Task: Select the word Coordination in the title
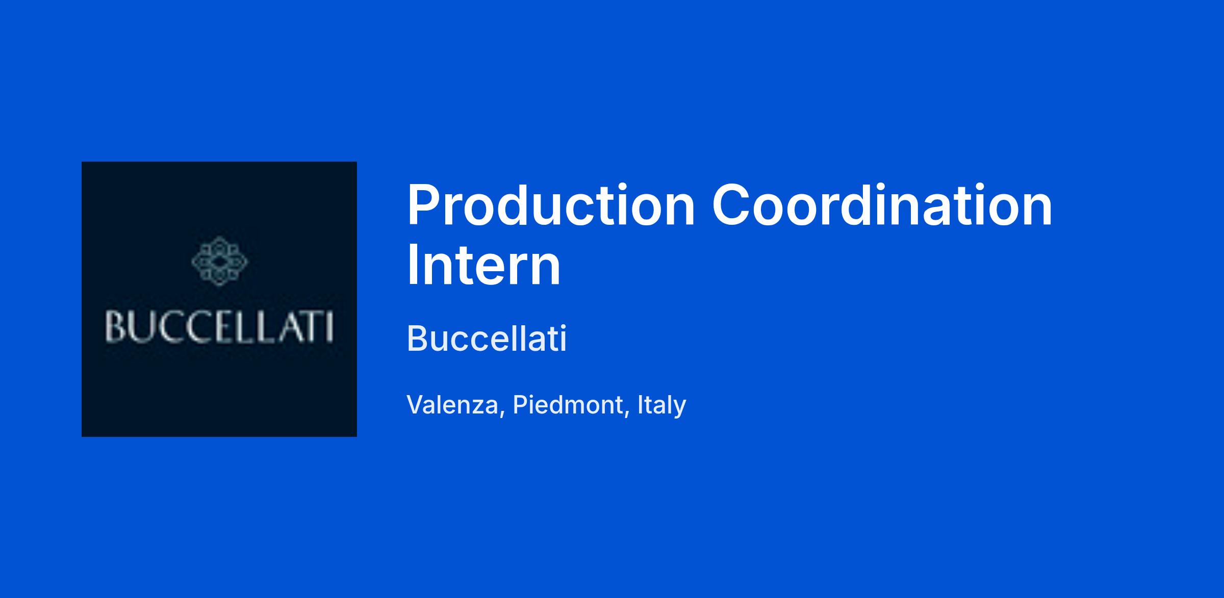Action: pyautogui.click(x=882, y=205)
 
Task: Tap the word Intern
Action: pyautogui.click(x=483, y=266)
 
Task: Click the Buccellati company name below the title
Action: pyautogui.click(x=487, y=339)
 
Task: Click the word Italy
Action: pyautogui.click(x=661, y=406)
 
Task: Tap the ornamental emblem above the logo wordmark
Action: pyautogui.click(x=219, y=261)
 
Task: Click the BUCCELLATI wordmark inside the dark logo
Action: pyautogui.click(x=219, y=327)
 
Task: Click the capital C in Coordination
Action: pyautogui.click(x=731, y=205)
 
